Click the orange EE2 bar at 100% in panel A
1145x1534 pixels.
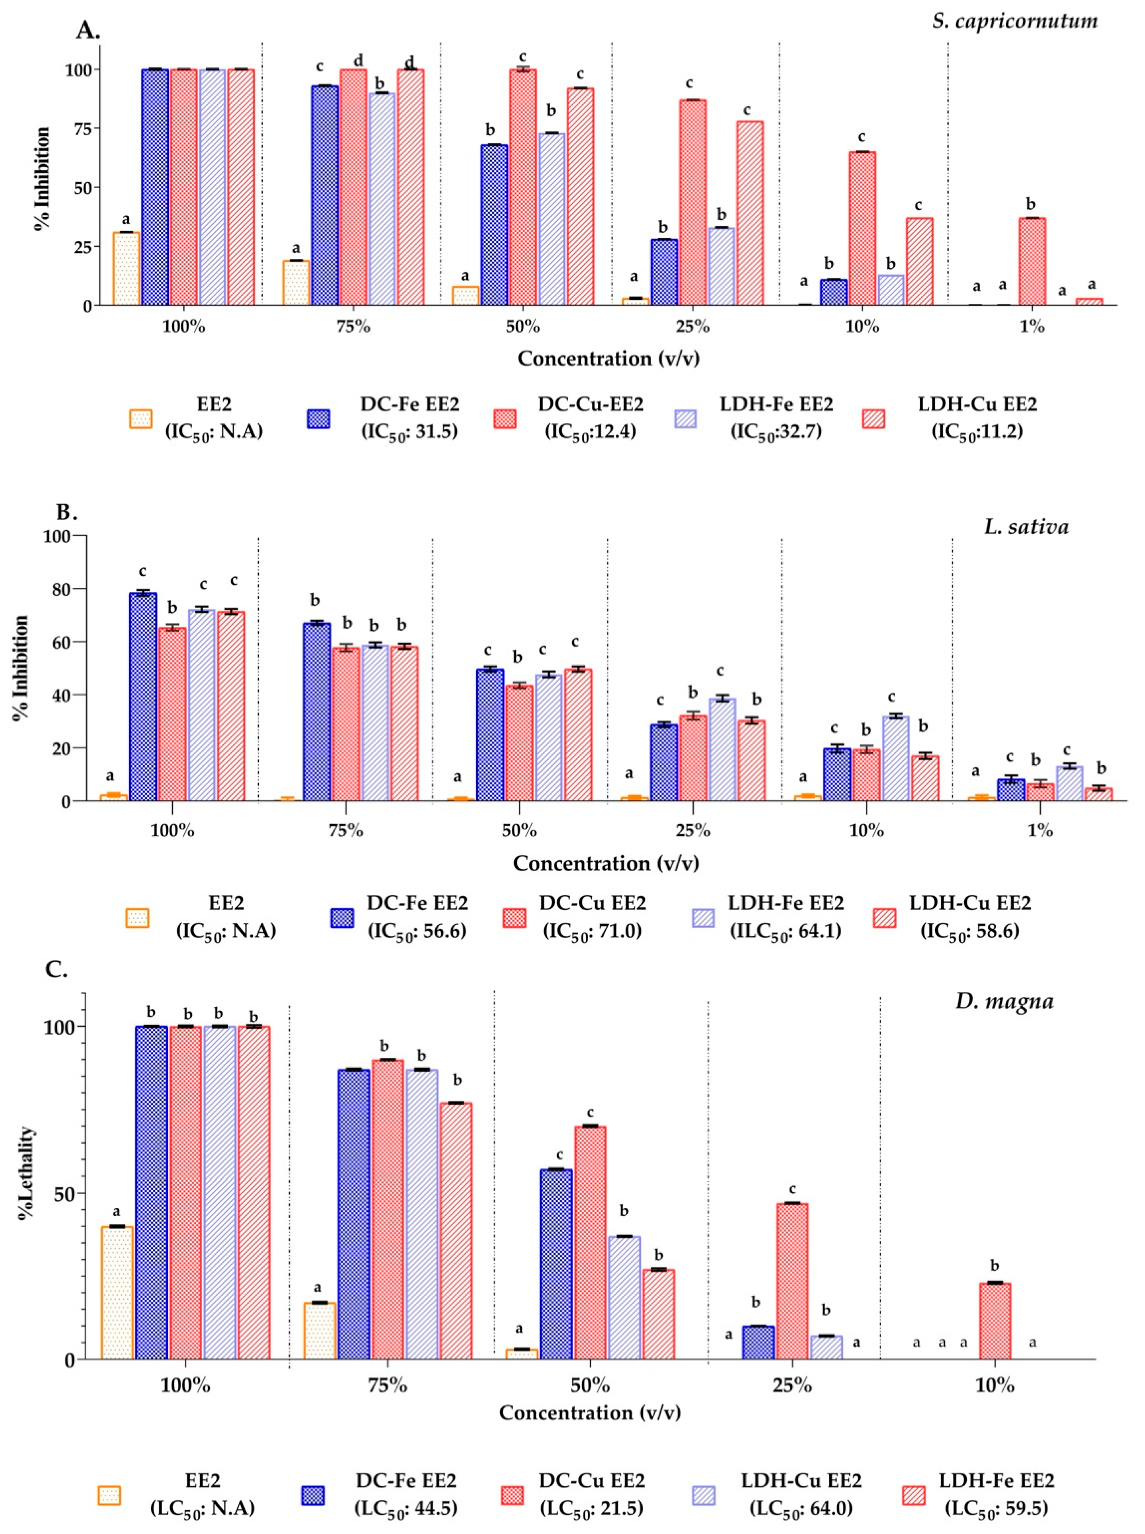tap(126, 269)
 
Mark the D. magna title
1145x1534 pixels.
tap(1004, 1001)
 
